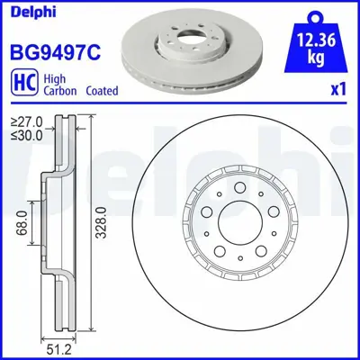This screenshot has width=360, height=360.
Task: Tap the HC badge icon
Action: coord(19,84)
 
